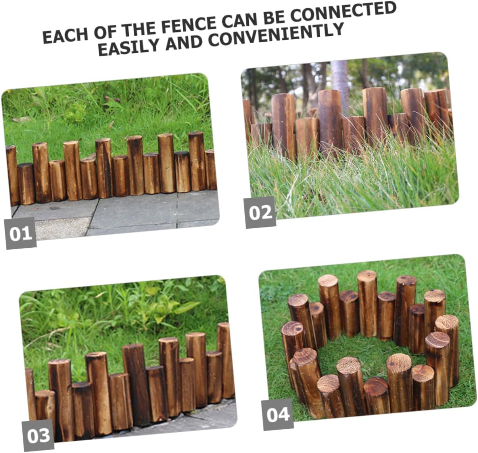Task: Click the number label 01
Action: coord(21,234)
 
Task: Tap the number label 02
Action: coord(260,212)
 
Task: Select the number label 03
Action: coord(38,436)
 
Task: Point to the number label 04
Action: coord(278,414)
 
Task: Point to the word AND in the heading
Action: coord(184,42)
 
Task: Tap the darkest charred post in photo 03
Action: coord(135,381)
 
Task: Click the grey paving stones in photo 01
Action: coord(131,214)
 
